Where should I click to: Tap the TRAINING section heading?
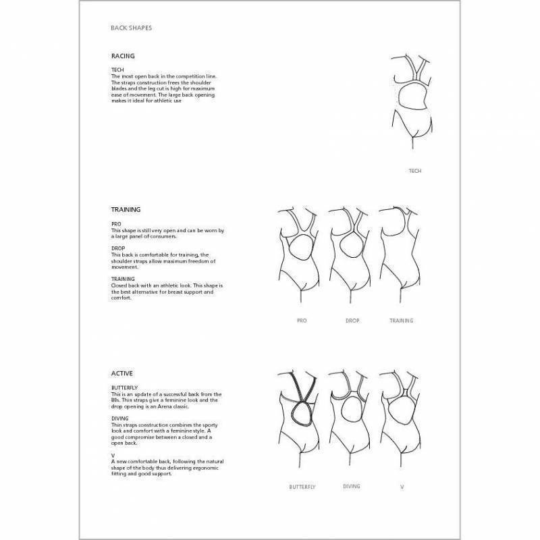click(x=126, y=210)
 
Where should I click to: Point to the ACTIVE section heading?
click(x=122, y=373)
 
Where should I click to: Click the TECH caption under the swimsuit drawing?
click(x=415, y=171)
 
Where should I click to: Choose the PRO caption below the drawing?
click(x=301, y=321)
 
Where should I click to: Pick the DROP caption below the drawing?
click(x=352, y=321)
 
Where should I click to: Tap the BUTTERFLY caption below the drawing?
click(x=302, y=487)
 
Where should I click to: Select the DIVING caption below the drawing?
click(x=351, y=486)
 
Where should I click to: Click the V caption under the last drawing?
click(x=402, y=487)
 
